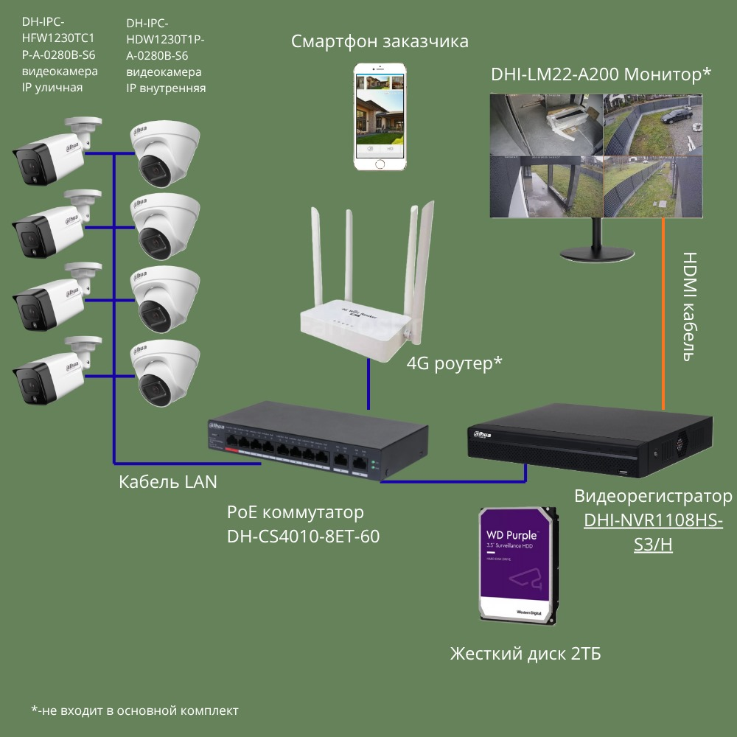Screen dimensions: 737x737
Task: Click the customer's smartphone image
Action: [x=380, y=117]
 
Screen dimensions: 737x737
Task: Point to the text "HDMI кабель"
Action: [x=689, y=306]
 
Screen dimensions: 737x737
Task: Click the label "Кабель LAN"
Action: [x=168, y=482]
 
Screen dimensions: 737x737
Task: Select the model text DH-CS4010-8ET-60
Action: [x=304, y=537]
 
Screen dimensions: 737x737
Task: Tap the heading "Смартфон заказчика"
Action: [x=380, y=41]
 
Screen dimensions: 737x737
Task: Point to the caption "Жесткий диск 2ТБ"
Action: [x=525, y=654]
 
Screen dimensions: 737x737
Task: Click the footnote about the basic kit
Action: [x=135, y=710]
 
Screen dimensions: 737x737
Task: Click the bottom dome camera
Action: [x=164, y=372]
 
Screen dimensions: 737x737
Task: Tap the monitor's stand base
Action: [x=595, y=251]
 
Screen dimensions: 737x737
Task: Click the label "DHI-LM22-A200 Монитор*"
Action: [x=601, y=74]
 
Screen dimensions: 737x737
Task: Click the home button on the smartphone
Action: [x=380, y=163]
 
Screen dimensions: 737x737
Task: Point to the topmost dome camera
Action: [x=164, y=152]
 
